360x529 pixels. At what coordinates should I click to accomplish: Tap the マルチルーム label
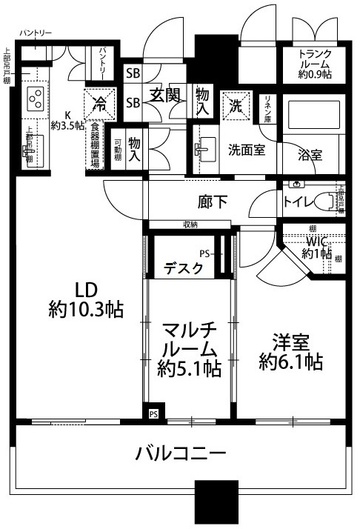[x=189, y=347]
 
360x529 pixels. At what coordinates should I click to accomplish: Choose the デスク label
[x=183, y=267]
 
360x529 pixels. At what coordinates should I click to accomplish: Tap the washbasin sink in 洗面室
[x=205, y=149]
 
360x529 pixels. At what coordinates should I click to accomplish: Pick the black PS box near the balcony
[x=153, y=413]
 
